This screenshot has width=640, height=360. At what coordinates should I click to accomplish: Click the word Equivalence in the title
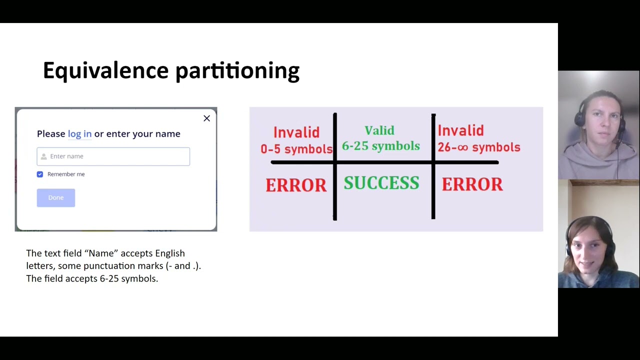pos(105,70)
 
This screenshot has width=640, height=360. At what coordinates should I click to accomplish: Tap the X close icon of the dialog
pos(206,118)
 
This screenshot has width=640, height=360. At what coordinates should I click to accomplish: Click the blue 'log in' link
pos(79,133)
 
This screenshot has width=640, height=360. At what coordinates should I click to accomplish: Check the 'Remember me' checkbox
pos(40,174)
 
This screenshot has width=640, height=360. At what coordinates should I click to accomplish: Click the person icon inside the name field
pos(43,156)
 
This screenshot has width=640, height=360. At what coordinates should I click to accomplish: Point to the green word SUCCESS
pos(381,183)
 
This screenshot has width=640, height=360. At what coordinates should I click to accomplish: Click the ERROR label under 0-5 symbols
pos(295,185)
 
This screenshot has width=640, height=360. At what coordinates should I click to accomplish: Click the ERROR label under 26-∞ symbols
pos(472,184)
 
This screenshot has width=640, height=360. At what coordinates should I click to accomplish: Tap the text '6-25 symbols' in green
pos(380,146)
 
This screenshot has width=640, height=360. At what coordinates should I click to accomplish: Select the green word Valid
pos(379,131)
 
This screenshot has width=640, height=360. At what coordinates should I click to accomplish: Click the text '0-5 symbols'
pos(296,149)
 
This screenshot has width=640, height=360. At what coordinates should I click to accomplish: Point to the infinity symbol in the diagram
pos(463,147)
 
